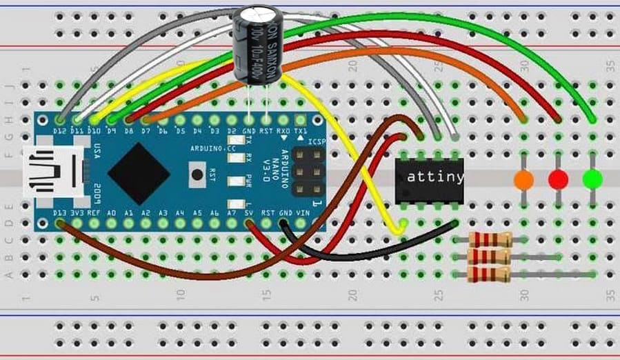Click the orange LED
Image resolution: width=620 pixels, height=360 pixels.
click(x=524, y=180)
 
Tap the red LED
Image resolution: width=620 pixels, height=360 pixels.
click(x=558, y=180)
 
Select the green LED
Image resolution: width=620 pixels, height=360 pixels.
click(x=592, y=179)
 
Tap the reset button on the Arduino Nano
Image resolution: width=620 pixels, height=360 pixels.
click(x=198, y=174)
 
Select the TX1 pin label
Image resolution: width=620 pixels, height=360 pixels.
click(x=301, y=130)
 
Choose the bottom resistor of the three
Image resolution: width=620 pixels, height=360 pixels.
click(x=490, y=274)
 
